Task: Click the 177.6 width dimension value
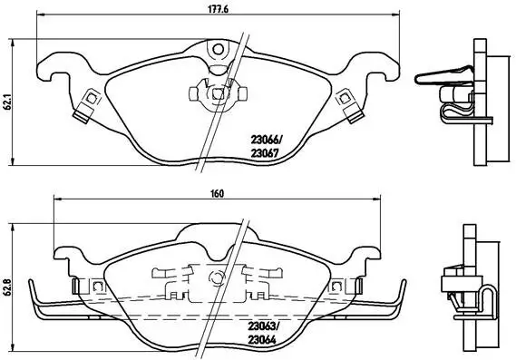click(x=216, y=7)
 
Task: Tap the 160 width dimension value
click(x=216, y=192)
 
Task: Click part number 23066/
click(x=267, y=140)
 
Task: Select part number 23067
click(x=266, y=152)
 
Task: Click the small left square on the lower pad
click(x=94, y=287)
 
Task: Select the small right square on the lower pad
click(x=337, y=287)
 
